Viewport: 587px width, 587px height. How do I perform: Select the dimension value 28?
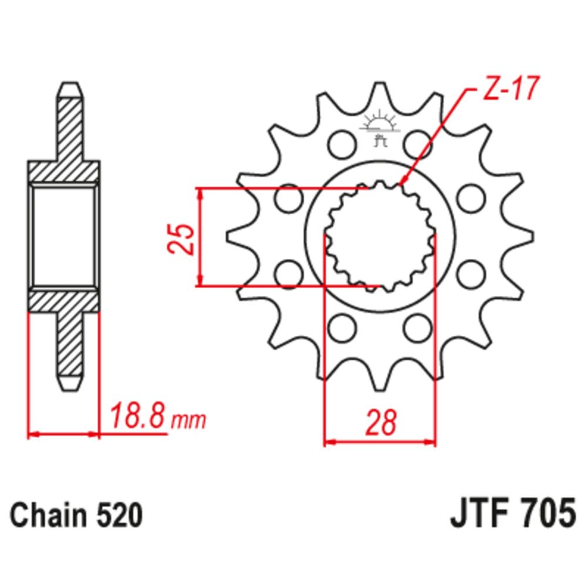[380, 423]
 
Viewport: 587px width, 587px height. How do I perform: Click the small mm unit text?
[188, 420]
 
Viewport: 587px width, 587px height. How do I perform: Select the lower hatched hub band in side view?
[63, 301]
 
